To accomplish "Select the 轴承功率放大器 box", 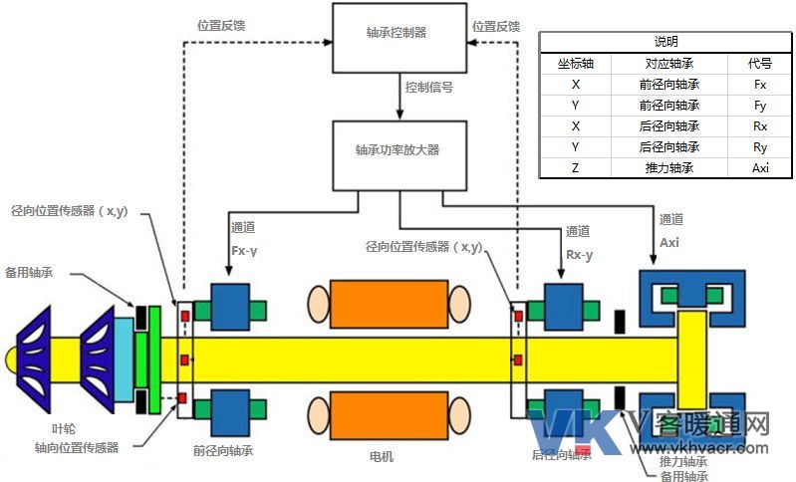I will point(397,153).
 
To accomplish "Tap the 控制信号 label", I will point(429,89).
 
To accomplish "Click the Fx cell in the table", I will point(760,85).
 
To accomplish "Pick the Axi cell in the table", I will point(760,168).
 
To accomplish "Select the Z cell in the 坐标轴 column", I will point(575,168).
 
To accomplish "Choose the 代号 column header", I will point(760,64).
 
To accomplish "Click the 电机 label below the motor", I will point(382,456).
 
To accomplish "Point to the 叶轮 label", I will point(36,429).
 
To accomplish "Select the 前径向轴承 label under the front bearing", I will point(223,450).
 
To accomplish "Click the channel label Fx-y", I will point(244,251).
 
